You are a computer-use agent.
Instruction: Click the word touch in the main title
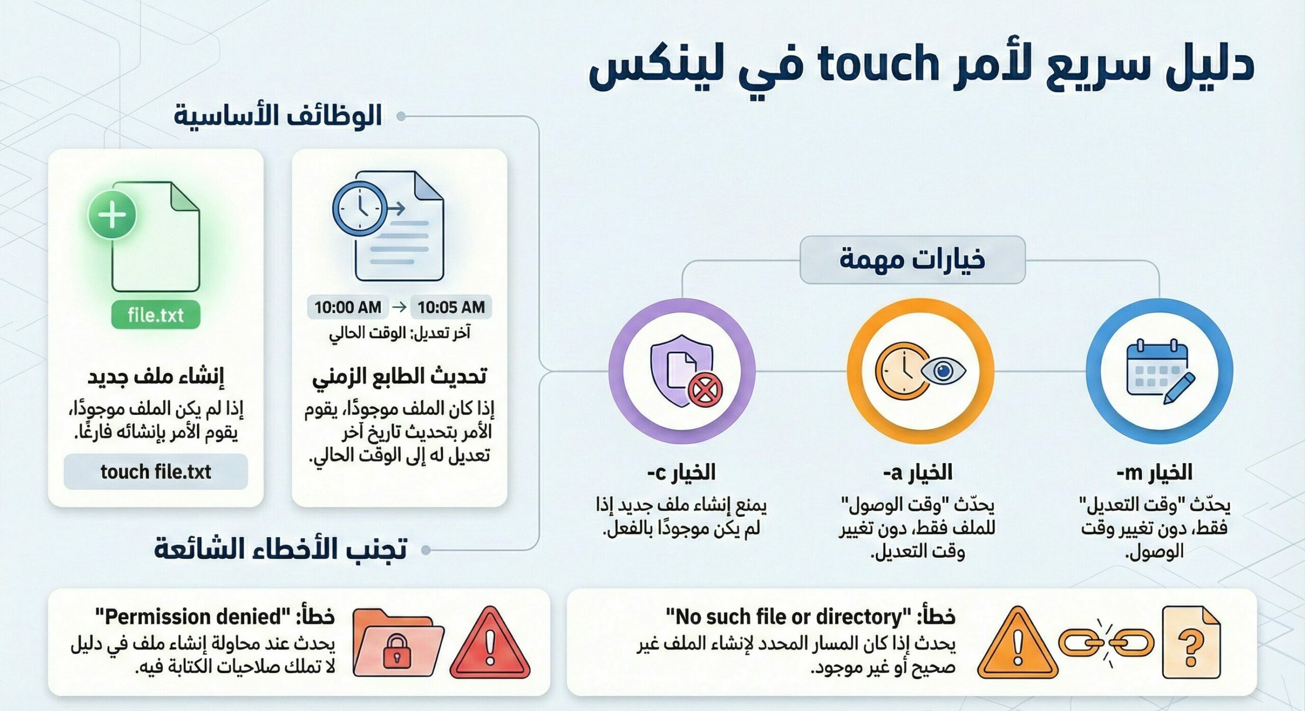point(878,65)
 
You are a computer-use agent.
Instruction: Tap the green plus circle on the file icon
point(112,215)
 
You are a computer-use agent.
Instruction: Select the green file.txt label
point(155,315)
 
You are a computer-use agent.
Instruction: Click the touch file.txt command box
point(155,472)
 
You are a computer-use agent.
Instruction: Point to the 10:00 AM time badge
point(348,307)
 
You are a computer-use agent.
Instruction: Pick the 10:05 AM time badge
point(451,307)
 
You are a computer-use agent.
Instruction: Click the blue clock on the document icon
point(359,209)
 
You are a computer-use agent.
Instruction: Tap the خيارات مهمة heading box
point(912,259)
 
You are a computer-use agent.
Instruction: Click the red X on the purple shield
point(705,391)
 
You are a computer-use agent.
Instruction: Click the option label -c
point(658,473)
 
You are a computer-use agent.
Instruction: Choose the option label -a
point(893,473)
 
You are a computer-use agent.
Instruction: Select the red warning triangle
point(490,645)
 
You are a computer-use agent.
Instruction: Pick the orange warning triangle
point(1017,645)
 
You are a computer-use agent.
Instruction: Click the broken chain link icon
point(1106,643)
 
